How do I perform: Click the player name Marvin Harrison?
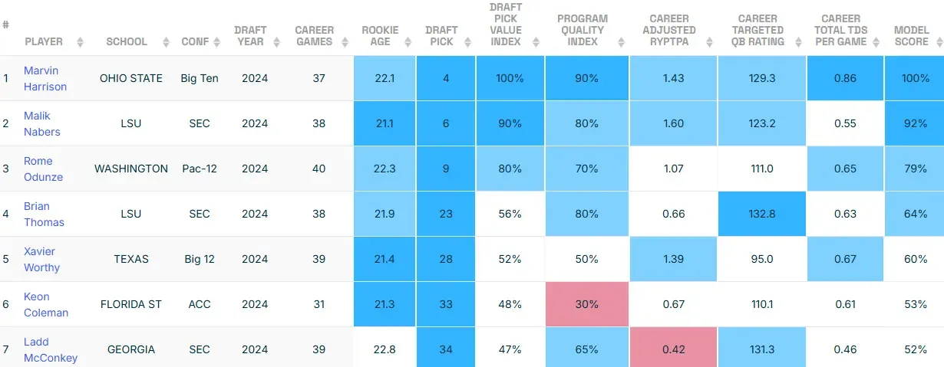pyautogui.click(x=45, y=78)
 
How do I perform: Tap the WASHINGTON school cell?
pyautogui.click(x=130, y=169)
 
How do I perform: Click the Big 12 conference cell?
pyautogui.click(x=199, y=259)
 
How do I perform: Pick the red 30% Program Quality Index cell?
pyautogui.click(x=586, y=304)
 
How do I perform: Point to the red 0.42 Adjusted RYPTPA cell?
pyautogui.click(x=673, y=349)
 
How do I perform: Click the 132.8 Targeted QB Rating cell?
pyautogui.click(x=761, y=214)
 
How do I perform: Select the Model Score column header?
pyautogui.click(x=911, y=36)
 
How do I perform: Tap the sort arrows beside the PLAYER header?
pyautogui.click(x=80, y=42)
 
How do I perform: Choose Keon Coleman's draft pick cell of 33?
pyautogui.click(x=445, y=304)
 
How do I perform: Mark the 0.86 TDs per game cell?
pyautogui.click(x=844, y=78)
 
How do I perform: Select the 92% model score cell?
pyautogui.click(x=916, y=123)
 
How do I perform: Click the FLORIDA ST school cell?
pyautogui.click(x=130, y=304)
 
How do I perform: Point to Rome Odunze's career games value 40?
pyautogui.click(x=314, y=169)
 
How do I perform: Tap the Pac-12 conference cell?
pyautogui.click(x=199, y=169)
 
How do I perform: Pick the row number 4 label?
pyautogui.click(x=6, y=214)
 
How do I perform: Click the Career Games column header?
pyautogui.click(x=314, y=36)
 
